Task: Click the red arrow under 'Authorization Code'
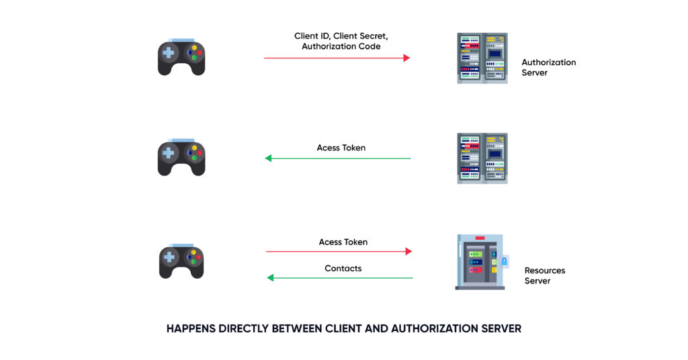point(337,58)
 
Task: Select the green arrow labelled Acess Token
point(337,159)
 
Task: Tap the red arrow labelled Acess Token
point(339,251)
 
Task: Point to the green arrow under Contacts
point(340,277)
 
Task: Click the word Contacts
point(343,268)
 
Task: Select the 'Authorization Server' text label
point(548,67)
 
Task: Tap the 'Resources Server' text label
point(544,275)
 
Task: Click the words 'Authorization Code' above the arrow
point(341,46)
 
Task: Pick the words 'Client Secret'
point(363,36)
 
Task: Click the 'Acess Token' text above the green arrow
point(341,147)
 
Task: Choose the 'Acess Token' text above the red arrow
point(343,242)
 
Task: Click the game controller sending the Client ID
point(181,58)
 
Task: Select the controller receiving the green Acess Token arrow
point(181,159)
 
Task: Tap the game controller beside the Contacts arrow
point(181,261)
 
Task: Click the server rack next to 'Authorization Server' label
point(482,58)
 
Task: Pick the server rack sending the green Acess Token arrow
point(482,159)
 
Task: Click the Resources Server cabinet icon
point(479,262)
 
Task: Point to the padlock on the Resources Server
point(504,261)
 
